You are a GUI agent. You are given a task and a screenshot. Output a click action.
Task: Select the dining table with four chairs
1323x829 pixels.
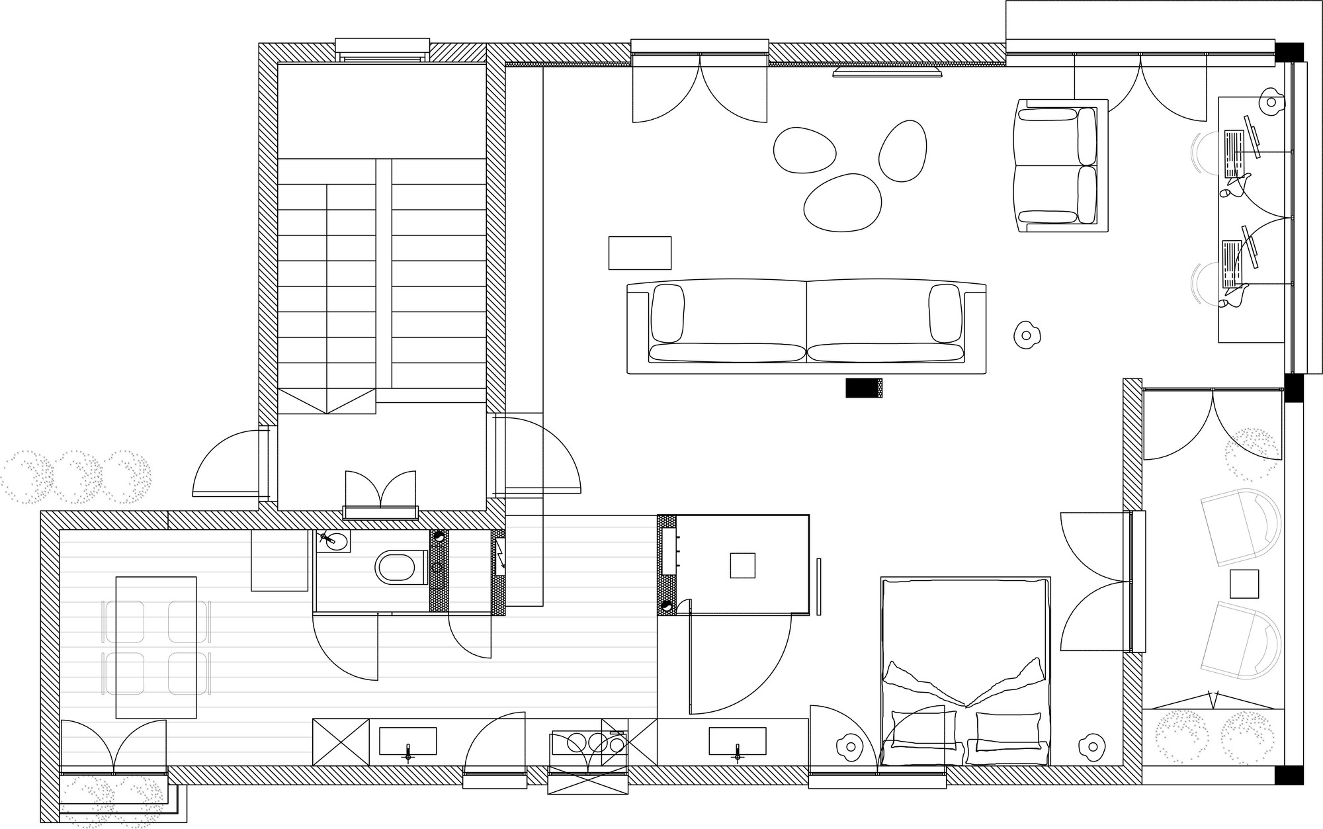click(x=156, y=647)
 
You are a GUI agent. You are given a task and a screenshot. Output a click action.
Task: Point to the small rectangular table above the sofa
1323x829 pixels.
click(x=640, y=253)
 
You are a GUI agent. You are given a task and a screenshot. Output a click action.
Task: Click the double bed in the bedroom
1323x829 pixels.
click(x=965, y=672)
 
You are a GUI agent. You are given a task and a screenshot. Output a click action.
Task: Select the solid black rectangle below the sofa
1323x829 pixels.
click(x=863, y=388)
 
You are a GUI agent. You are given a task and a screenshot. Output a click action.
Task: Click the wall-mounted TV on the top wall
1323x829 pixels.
click(x=887, y=71)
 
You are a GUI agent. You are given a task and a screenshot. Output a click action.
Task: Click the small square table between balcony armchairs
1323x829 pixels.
click(x=1244, y=584)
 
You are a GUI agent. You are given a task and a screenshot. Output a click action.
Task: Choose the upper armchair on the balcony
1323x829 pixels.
click(x=1240, y=526)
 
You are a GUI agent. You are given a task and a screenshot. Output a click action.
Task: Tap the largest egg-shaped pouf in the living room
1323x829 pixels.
click(x=843, y=202)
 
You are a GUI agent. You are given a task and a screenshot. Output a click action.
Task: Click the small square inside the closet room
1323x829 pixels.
click(x=742, y=565)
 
